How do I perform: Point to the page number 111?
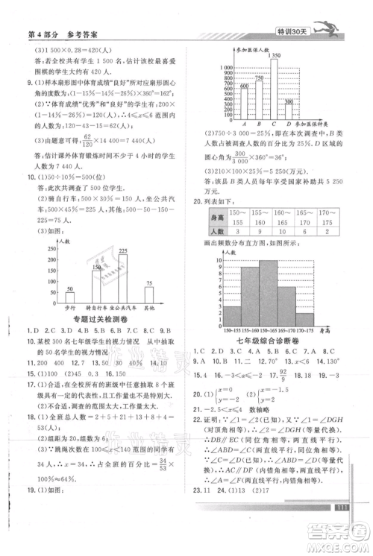(x=342, y=527)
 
